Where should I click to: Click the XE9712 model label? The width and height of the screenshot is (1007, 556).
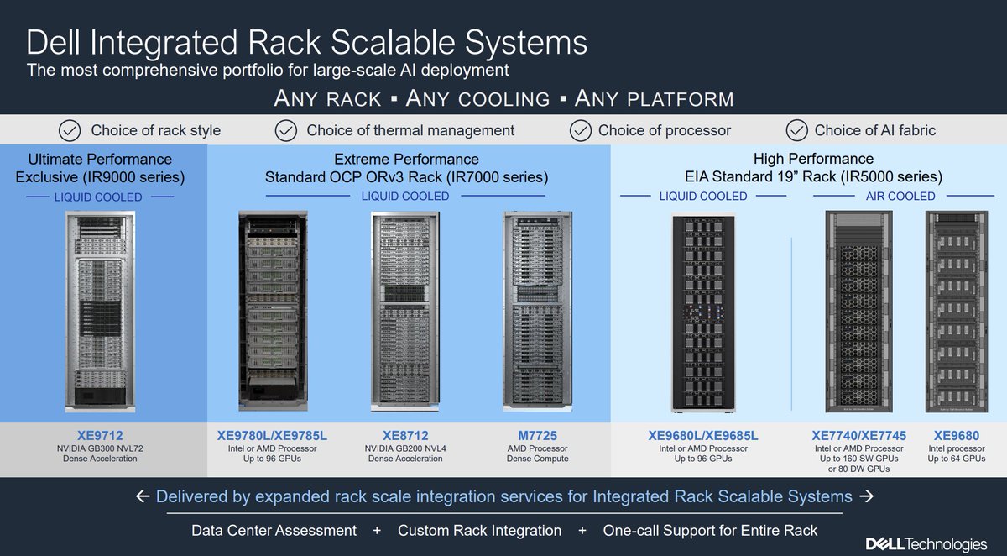click(x=100, y=436)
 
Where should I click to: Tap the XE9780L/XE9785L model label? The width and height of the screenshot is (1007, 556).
click(x=272, y=436)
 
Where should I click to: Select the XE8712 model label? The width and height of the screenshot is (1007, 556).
click(x=404, y=436)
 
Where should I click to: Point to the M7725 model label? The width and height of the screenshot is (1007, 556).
click(x=538, y=436)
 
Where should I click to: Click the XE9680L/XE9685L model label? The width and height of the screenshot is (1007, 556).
click(x=703, y=436)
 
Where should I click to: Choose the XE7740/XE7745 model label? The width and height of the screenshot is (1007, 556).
click(x=858, y=436)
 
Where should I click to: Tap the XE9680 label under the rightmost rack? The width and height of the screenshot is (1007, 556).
click(x=956, y=436)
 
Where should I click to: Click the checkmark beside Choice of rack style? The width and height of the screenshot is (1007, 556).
click(x=70, y=130)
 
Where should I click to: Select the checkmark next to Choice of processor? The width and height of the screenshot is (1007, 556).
click(x=580, y=130)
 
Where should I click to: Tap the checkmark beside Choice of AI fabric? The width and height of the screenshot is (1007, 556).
click(x=796, y=130)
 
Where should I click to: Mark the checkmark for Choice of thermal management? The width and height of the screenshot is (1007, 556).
click(x=286, y=130)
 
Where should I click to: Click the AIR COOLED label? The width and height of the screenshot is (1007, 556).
click(x=900, y=196)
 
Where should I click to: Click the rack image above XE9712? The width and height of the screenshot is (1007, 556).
click(x=100, y=311)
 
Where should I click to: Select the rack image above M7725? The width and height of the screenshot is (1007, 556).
click(x=538, y=311)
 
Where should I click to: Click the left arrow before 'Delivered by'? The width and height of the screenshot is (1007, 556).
click(x=143, y=497)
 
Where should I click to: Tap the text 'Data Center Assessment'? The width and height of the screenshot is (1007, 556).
click(x=274, y=531)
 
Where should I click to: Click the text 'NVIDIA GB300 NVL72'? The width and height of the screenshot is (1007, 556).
click(x=100, y=448)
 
